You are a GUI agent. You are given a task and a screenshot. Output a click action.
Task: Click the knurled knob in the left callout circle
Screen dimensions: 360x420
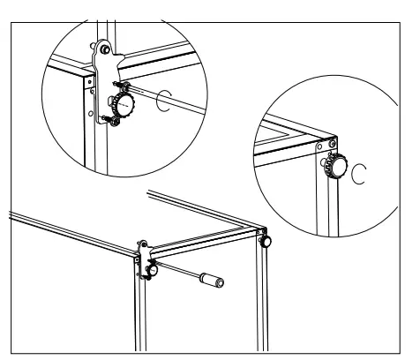click(127, 108)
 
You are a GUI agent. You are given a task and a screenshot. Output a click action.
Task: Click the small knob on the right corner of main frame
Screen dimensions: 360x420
click(264, 239)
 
